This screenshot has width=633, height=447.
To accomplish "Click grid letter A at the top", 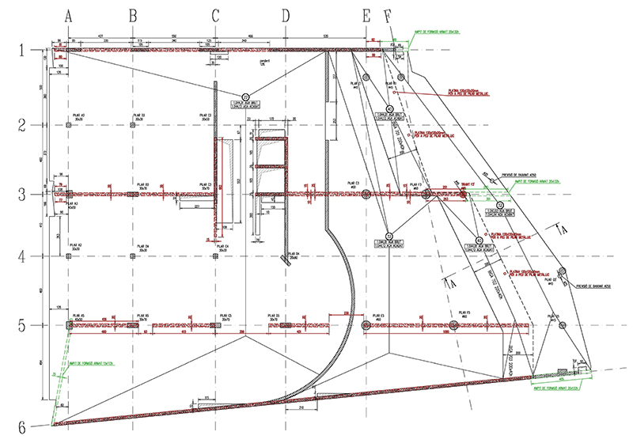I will pyautogui.click(x=69, y=15).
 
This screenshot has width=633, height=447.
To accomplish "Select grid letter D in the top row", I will pyautogui.click(x=286, y=15).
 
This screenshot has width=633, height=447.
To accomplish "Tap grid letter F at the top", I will pyautogui.click(x=387, y=15).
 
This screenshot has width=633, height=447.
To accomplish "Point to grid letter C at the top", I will pyautogui.click(x=215, y=15).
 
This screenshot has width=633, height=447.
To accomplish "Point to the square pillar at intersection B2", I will pyautogui.click(x=133, y=125).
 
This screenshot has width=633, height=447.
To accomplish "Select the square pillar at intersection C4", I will pyautogui.click(x=216, y=256).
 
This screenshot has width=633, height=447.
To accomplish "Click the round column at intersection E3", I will pyautogui.click(x=366, y=194).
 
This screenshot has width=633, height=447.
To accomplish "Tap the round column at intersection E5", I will pyautogui.click(x=366, y=325).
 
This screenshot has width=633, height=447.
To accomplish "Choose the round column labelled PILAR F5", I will pyautogui.click(x=453, y=325).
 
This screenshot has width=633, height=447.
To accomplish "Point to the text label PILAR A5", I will pyautogui.click(x=78, y=314).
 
